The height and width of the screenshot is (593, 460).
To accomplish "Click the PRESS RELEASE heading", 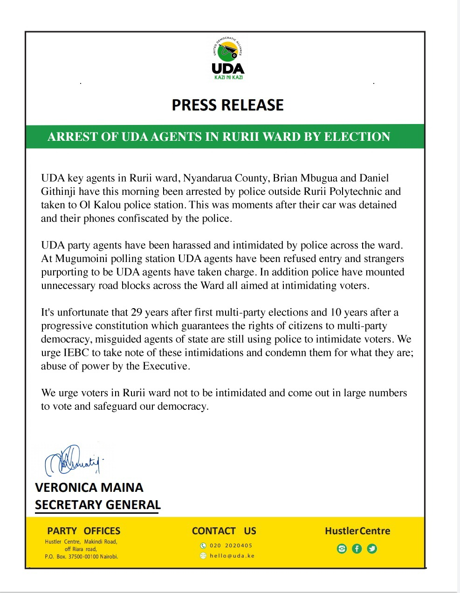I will coord(227,105).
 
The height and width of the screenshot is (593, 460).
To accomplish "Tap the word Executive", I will coord(166,366).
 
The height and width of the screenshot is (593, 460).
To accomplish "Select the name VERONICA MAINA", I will coord(89,488).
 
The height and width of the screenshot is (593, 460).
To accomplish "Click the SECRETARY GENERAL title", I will coord(97,504).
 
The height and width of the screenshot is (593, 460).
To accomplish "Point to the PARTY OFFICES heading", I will coord(83,531).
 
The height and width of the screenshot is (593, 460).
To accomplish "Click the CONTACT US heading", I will coord(224,531).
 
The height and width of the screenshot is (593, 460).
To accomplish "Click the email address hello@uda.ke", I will coord(232,556).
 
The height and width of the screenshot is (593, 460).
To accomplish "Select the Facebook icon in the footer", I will coord(357,549).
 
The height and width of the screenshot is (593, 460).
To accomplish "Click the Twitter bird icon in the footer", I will coord(372,549).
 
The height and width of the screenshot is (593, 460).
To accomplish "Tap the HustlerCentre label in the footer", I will coord(357,531).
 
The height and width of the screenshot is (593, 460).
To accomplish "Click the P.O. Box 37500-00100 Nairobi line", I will coord(82,557).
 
